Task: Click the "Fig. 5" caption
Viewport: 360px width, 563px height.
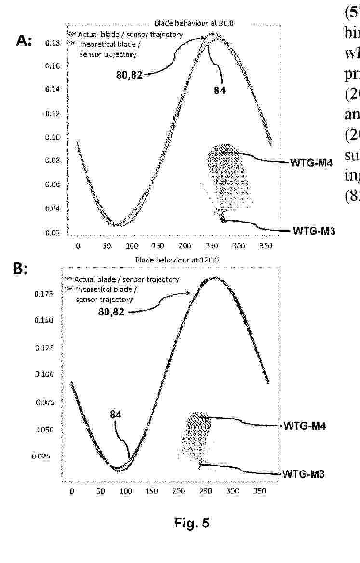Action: pos(192,523)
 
